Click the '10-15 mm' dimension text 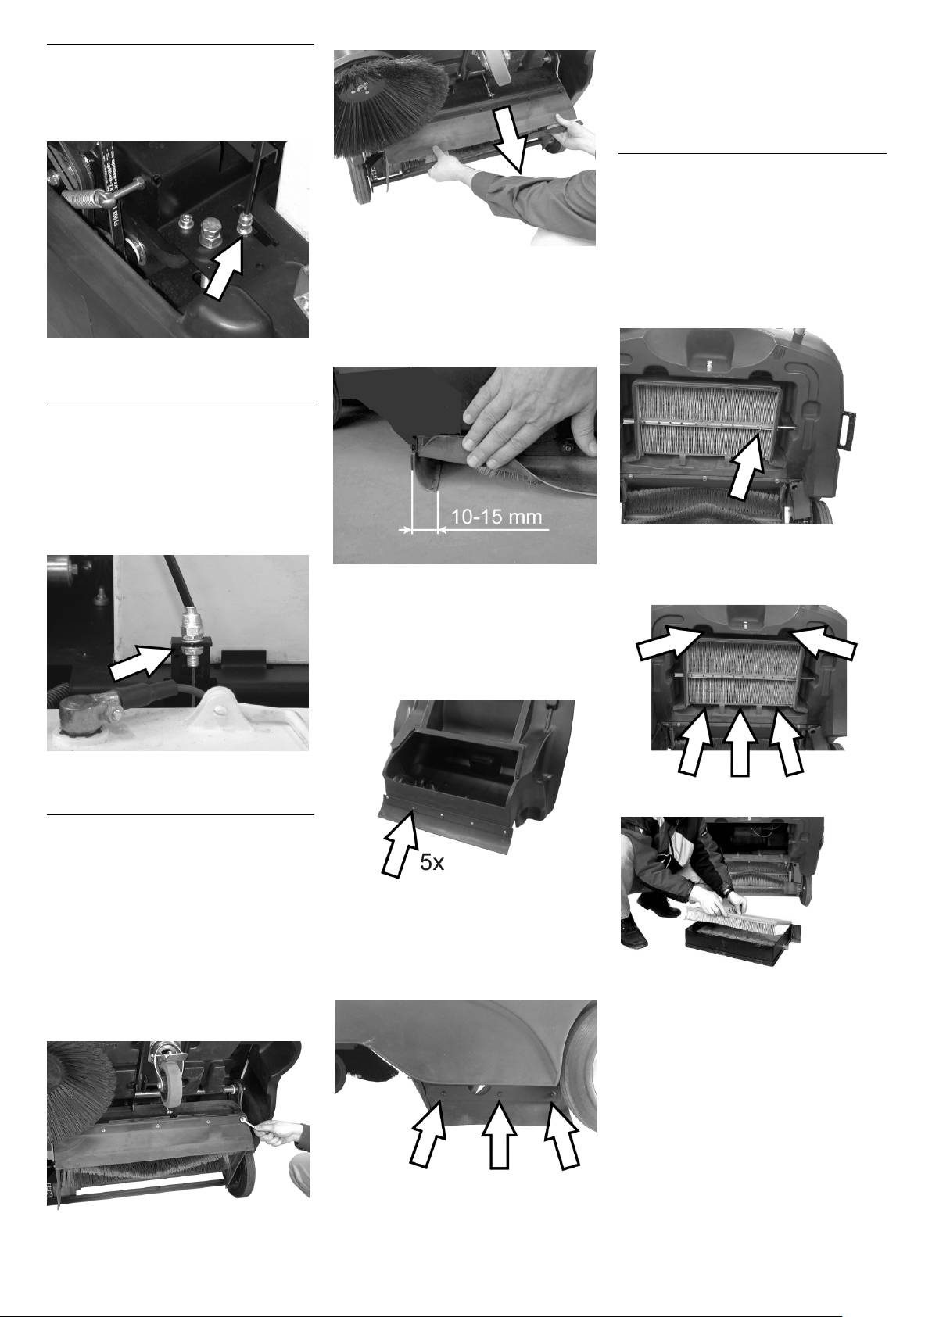(x=496, y=518)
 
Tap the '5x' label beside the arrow (x=432, y=864)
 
